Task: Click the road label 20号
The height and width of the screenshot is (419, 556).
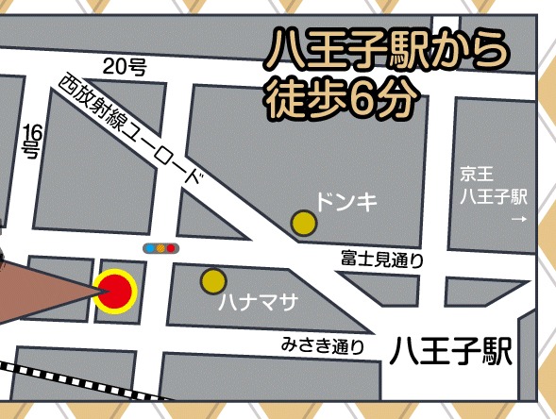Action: (x=125, y=67)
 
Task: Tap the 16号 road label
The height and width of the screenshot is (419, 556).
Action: (x=31, y=140)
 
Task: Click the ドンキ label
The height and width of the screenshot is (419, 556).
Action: (x=345, y=200)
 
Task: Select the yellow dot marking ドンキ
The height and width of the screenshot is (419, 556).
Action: (x=303, y=223)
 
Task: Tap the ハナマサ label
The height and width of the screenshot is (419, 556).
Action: (x=258, y=303)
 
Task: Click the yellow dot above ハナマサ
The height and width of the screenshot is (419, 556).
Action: (x=213, y=280)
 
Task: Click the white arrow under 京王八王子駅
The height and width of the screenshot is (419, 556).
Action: (x=516, y=220)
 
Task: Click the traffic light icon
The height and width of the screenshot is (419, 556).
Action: (x=160, y=249)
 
